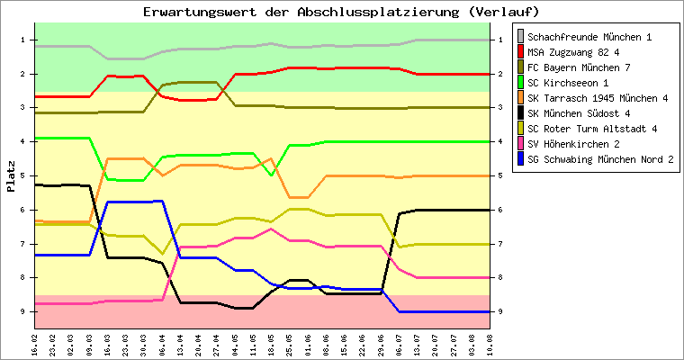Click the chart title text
[342, 12]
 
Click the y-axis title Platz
[11, 176]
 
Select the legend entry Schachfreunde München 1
[589, 37]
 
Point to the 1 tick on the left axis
[22, 40]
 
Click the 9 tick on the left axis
[22, 312]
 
